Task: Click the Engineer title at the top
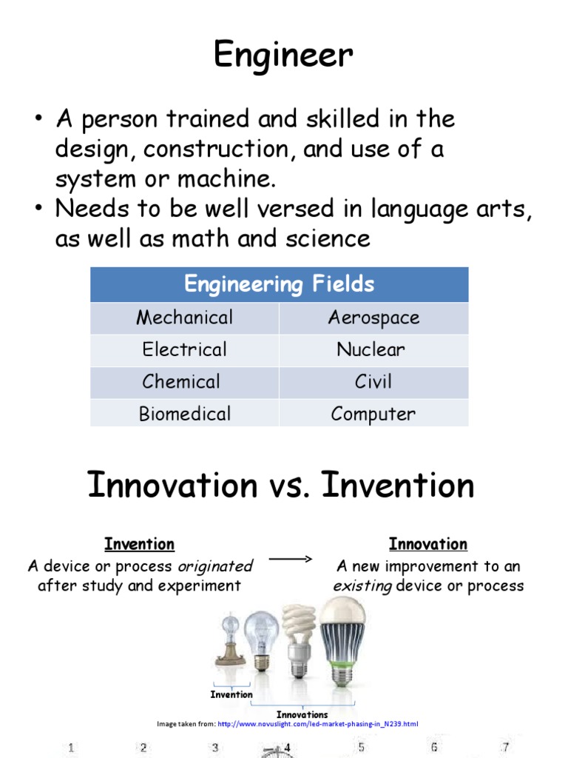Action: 283,56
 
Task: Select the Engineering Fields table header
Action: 279,284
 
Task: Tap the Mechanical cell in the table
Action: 184,318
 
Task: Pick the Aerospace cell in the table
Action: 373,318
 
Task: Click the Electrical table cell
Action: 184,349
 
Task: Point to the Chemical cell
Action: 181,382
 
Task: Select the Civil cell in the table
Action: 373,382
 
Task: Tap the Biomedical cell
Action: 184,414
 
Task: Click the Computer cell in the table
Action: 373,414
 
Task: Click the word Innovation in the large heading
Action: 171,486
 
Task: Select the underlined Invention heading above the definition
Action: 140,545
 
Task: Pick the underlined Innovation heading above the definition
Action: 428,545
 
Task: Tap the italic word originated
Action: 215,566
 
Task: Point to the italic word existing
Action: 362,586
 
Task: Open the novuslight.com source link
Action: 318,723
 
